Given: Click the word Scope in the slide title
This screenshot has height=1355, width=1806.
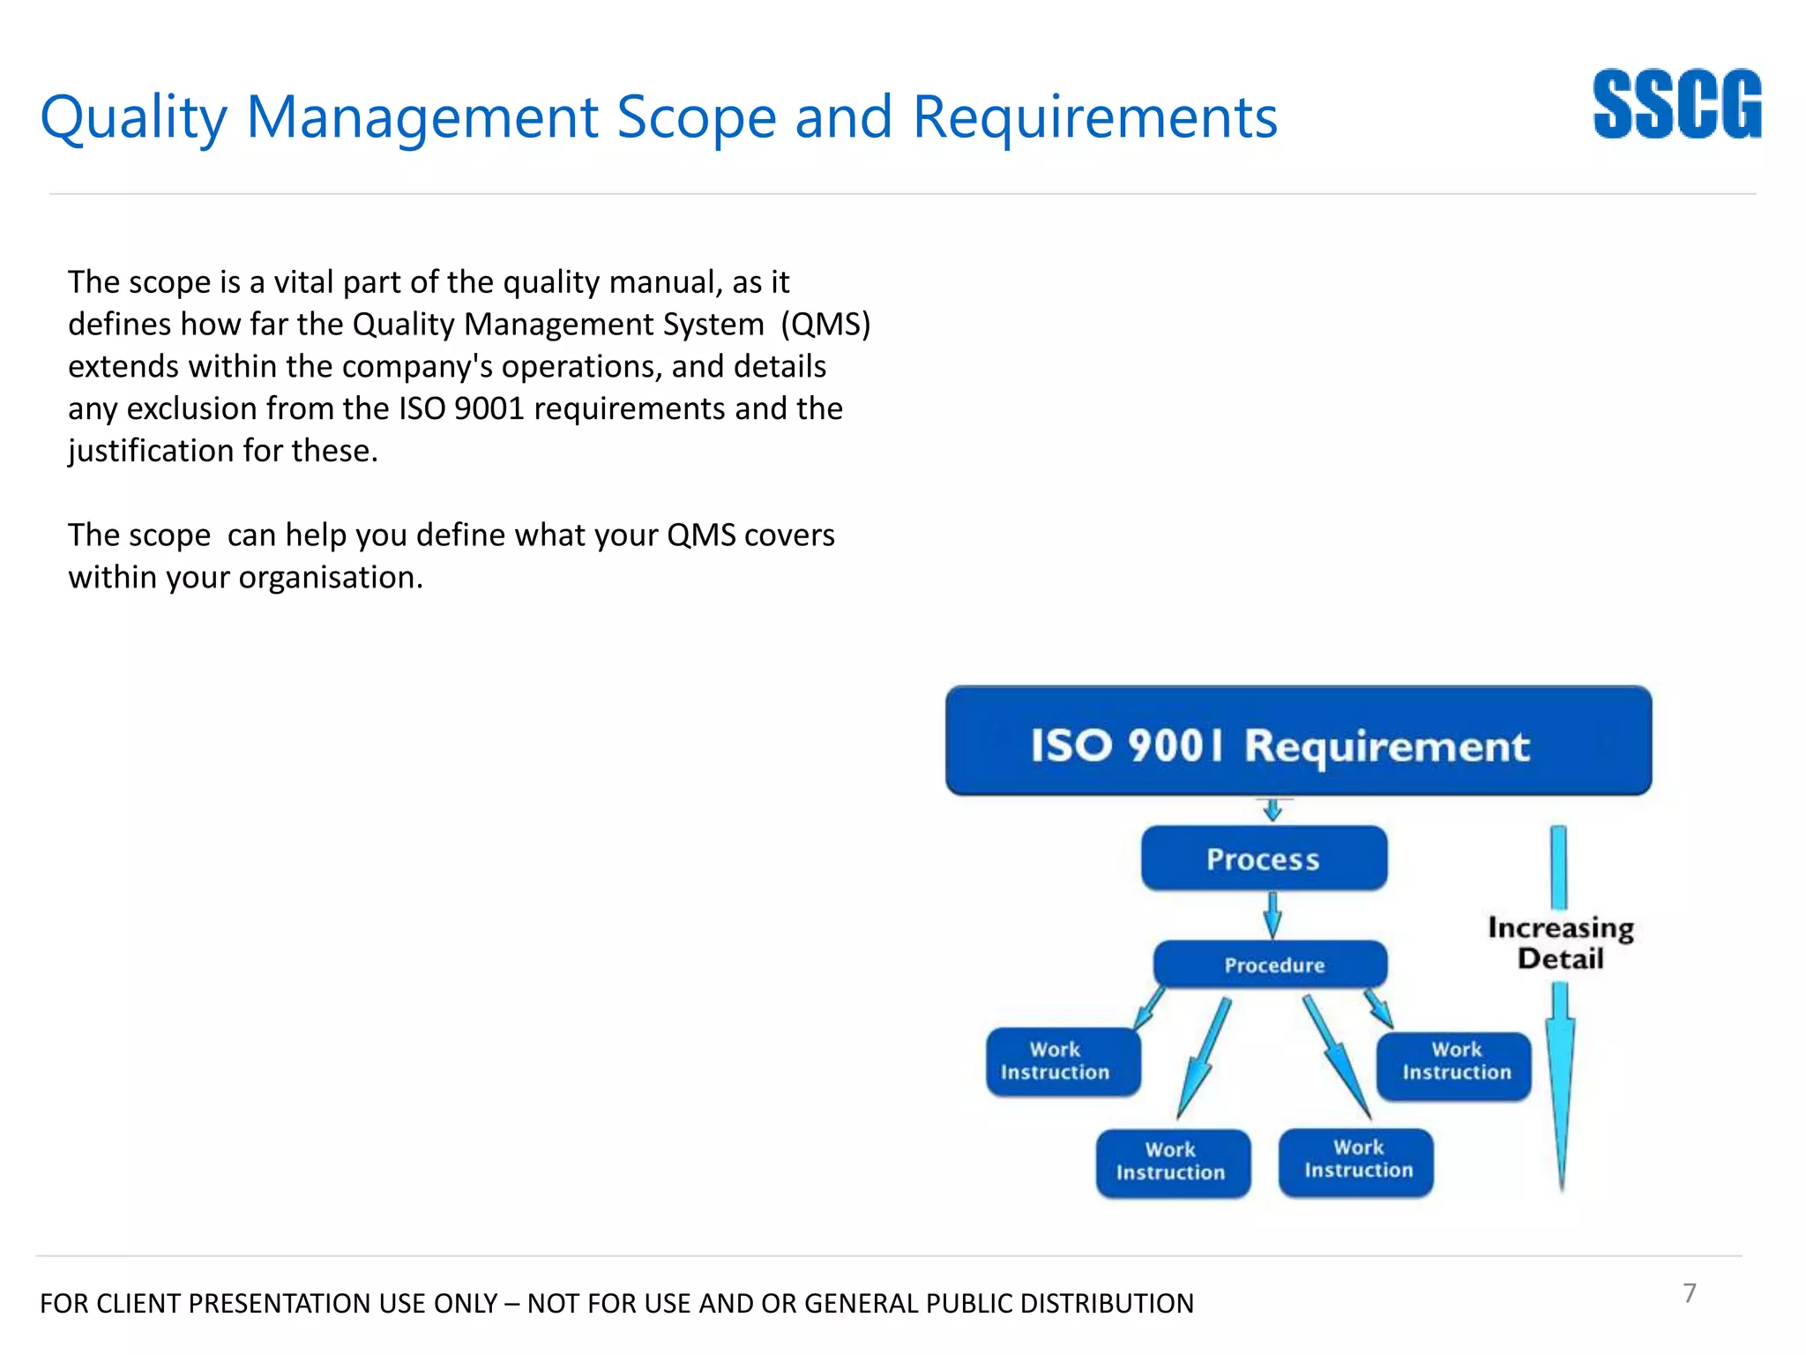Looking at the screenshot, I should [696, 117].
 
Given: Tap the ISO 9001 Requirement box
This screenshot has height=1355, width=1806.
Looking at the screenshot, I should [1298, 742].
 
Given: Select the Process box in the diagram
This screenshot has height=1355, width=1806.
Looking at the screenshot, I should [1263, 858].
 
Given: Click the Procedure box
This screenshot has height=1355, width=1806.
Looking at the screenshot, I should [1270, 964].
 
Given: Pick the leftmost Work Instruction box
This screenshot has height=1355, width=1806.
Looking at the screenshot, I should [1063, 1061].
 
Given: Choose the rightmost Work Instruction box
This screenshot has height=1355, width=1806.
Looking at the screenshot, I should [1454, 1066].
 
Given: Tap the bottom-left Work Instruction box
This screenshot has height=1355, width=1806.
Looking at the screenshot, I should [1172, 1163].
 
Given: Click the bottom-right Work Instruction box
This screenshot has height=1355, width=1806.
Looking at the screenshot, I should [1356, 1161].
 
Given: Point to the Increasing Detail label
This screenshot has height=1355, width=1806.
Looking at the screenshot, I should [1560, 943].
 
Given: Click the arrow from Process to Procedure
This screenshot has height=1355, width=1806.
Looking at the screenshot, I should [1272, 916].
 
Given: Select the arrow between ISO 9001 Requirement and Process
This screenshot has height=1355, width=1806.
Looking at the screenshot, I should [1272, 810].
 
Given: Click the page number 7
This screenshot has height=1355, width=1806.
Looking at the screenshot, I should [1689, 1292].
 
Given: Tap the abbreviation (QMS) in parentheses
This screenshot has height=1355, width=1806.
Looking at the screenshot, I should [825, 325].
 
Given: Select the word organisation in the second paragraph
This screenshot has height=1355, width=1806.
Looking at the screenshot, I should [330, 578].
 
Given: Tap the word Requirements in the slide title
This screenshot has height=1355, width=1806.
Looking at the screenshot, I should [1093, 117].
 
